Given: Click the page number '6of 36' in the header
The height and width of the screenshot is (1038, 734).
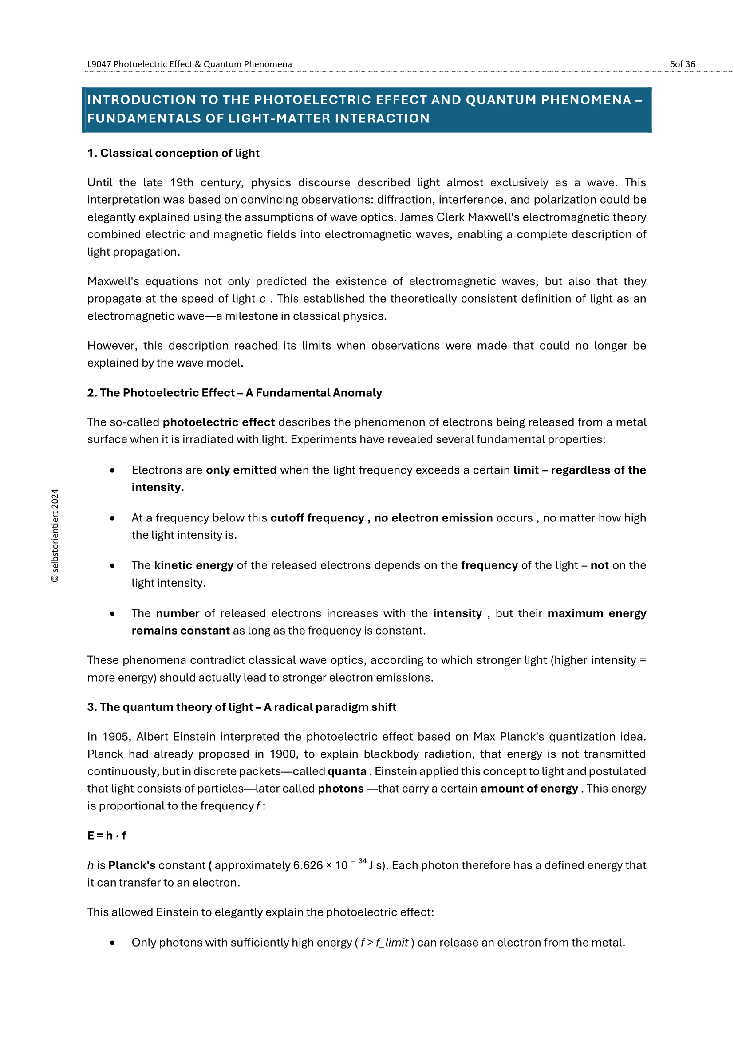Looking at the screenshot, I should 682,64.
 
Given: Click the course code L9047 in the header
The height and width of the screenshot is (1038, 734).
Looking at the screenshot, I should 99,64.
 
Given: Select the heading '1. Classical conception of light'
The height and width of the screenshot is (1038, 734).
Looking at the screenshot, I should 173,153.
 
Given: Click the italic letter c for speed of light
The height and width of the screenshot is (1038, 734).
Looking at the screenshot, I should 263,299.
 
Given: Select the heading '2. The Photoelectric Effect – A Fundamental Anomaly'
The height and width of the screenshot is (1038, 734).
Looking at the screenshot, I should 234,392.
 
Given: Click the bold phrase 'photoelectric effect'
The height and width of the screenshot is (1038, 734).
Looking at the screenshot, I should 218,422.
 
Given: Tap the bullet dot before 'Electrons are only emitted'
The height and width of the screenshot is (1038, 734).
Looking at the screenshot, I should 112,470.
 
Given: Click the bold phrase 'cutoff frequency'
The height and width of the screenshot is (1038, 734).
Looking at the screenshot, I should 317,517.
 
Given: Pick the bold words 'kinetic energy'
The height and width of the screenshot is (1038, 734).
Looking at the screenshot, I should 193,565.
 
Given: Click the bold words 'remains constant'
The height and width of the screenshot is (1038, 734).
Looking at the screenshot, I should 180,631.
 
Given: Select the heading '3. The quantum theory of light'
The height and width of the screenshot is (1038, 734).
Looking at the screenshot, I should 241,707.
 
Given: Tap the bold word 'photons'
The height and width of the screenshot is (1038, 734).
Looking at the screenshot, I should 340,789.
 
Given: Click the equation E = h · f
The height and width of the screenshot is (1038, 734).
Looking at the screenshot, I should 107,836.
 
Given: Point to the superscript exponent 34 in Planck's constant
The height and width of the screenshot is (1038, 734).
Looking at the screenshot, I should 362,861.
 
